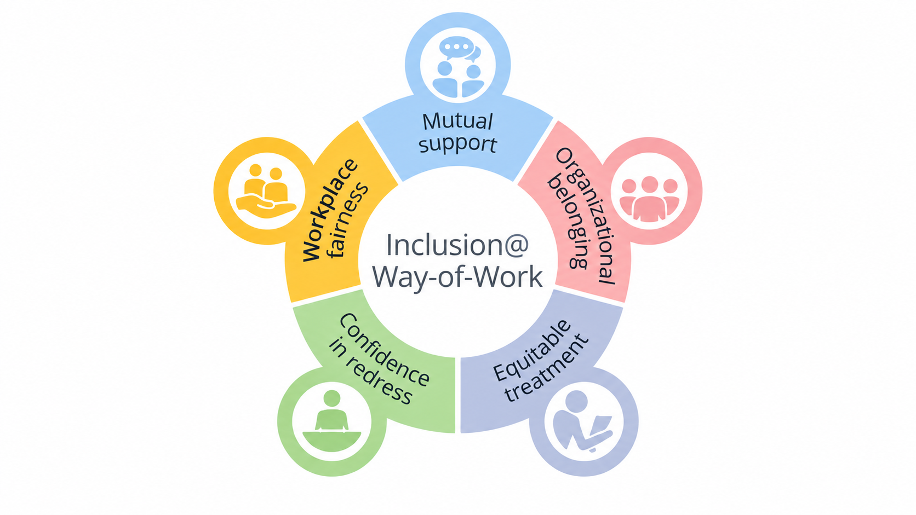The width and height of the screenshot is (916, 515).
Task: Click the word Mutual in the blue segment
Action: pyautogui.click(x=457, y=121)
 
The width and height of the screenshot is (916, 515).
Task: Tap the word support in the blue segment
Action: pyautogui.click(x=457, y=144)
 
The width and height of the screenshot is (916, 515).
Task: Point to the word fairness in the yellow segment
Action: pyautogui.click(x=349, y=221)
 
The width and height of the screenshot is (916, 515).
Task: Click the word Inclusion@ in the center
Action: pyautogui.click(x=457, y=245)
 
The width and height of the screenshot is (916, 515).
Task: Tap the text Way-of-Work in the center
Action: pyautogui.click(x=457, y=277)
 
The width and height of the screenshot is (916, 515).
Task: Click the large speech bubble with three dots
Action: pyautogui.click(x=457, y=48)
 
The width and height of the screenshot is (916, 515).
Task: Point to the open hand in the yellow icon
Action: pyautogui.click(x=266, y=206)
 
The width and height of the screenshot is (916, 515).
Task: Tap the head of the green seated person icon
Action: pyautogui.click(x=331, y=398)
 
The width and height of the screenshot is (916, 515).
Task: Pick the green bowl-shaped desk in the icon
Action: pyautogui.click(x=331, y=442)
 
